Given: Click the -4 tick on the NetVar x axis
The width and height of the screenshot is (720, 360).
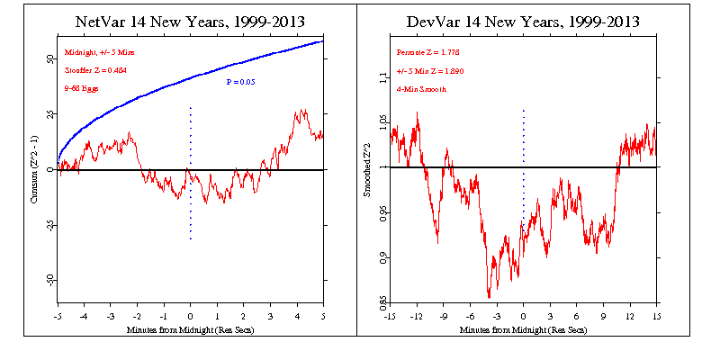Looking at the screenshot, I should [x=84, y=317].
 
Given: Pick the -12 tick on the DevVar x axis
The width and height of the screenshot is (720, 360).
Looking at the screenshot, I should [x=416, y=317].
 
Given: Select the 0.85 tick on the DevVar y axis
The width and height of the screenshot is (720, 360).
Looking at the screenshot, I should [x=381, y=301].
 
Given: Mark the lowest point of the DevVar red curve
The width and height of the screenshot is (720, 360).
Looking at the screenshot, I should [x=489, y=296].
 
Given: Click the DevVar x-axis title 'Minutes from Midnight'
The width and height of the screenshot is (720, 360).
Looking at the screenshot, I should [x=524, y=330].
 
